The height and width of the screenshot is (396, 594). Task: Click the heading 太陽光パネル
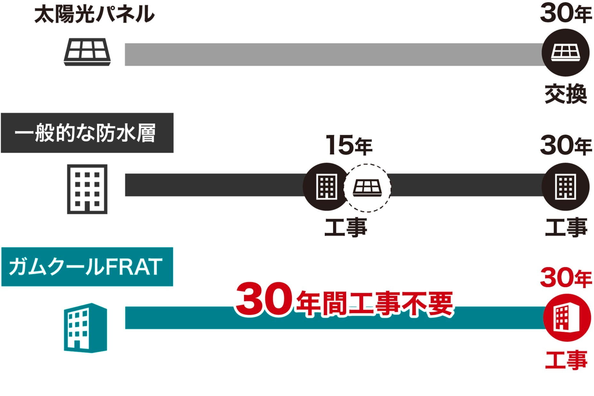(94, 15)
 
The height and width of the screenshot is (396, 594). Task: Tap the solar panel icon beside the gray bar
(87, 52)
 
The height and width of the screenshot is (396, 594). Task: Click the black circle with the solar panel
(565, 53)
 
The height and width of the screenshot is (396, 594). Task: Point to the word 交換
(566, 94)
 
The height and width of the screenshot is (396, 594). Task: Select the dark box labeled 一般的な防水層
(87, 133)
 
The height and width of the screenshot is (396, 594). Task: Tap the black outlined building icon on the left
(87, 189)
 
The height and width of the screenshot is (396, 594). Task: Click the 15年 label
(349, 145)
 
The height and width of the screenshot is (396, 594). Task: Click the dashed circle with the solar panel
(367, 188)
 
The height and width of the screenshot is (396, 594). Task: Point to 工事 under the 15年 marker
(346, 227)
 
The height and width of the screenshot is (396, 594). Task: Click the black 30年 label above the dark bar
(566, 146)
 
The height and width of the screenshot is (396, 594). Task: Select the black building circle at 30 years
(565, 187)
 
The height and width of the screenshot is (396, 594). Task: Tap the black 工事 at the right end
(566, 227)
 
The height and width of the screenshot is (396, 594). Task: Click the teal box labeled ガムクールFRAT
(87, 267)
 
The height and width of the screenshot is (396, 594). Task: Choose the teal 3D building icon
(85, 328)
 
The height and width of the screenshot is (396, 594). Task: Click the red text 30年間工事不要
(344, 300)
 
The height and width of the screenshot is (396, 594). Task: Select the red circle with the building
(567, 317)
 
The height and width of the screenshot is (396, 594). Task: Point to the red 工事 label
(566, 360)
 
